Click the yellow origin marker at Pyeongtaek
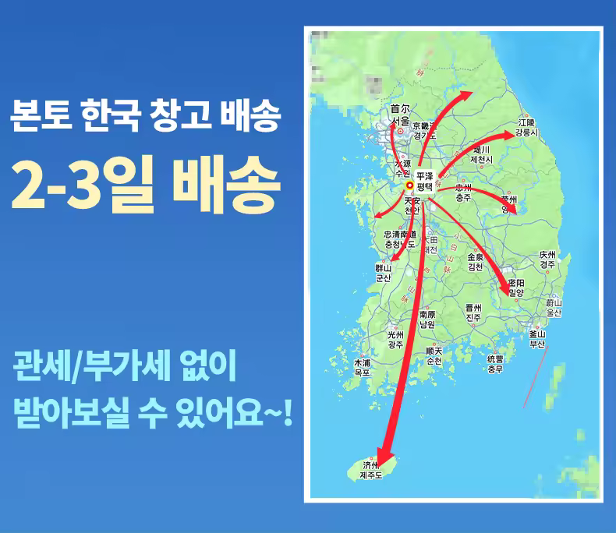[x=409, y=186]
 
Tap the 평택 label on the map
[x=423, y=187]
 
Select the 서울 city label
[x=400, y=122]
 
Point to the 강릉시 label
[x=526, y=132]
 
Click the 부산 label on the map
[x=536, y=343]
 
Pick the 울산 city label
[x=554, y=312]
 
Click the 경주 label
[x=548, y=264]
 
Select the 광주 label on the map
[x=395, y=344]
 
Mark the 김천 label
[x=475, y=266]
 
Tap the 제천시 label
[x=482, y=159]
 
